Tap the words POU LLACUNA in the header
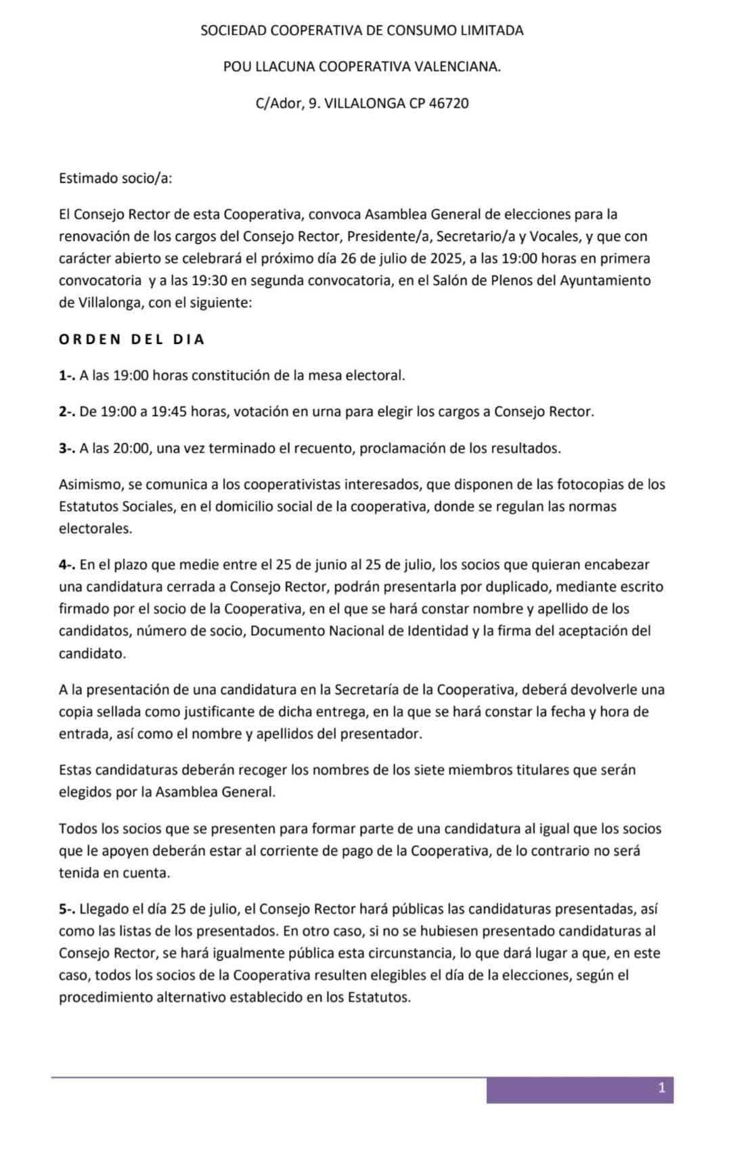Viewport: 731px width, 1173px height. point(269,67)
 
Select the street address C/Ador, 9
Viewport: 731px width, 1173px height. point(287,104)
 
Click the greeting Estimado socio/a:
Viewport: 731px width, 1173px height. point(115,179)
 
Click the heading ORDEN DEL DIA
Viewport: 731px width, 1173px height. point(131,339)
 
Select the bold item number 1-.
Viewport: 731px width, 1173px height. point(67,375)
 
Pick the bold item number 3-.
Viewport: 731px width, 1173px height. point(67,448)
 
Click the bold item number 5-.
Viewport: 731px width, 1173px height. point(67,910)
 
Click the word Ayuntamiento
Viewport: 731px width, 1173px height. point(605,280)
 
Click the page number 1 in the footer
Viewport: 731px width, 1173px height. point(661,1088)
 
